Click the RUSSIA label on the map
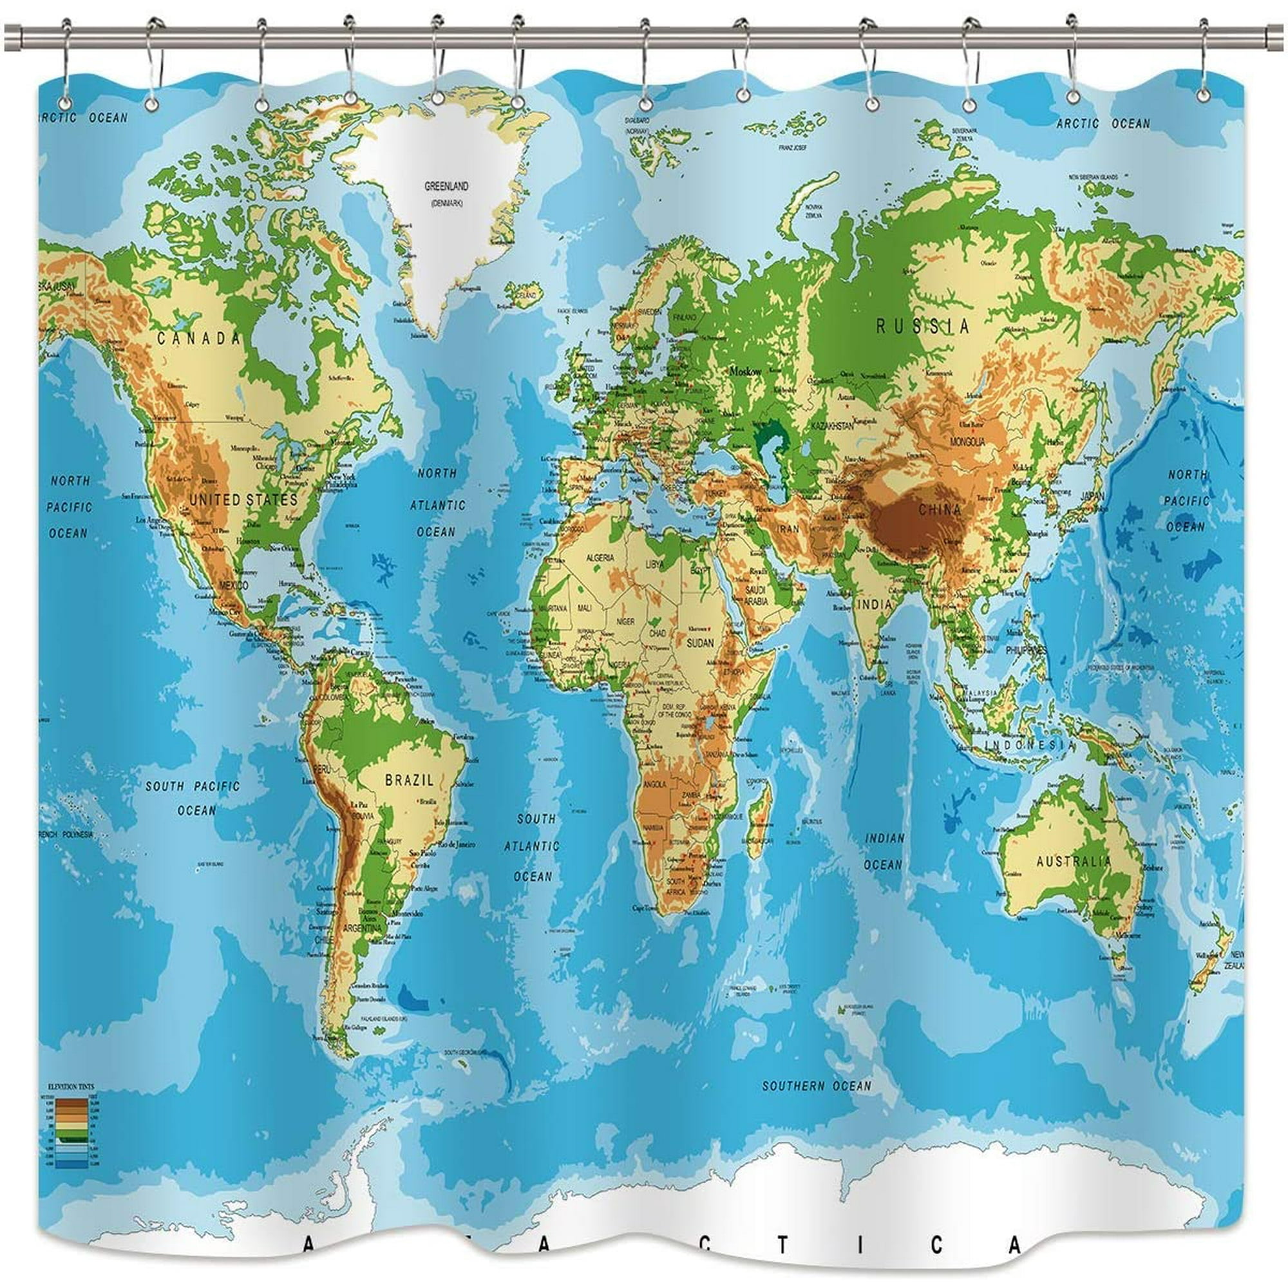[923, 326]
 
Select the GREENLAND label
[446, 187]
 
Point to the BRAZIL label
[410, 779]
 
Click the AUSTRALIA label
[1074, 861]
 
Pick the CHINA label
[940, 510]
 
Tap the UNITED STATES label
[243, 499]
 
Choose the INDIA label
[875, 604]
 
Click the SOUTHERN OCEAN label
[817, 1086]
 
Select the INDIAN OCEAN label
[884, 851]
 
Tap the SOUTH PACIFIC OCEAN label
[193, 798]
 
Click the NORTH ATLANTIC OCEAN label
[437, 503]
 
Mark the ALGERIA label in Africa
[600, 557]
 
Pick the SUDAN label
[699, 643]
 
